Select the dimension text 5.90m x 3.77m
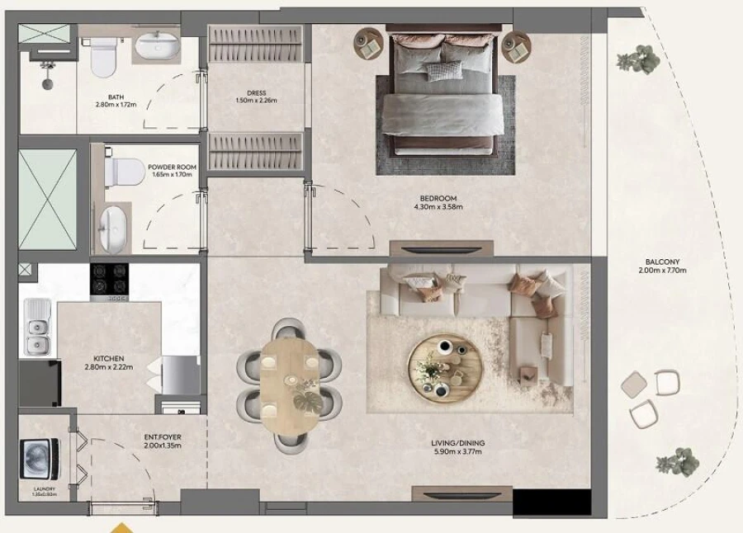coord(458,452)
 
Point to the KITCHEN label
coord(109,359)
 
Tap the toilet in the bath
coord(103,57)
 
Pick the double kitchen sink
coord(37,328)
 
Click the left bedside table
coord(369,45)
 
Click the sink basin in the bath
coord(159,47)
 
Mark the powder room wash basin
coord(114,229)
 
